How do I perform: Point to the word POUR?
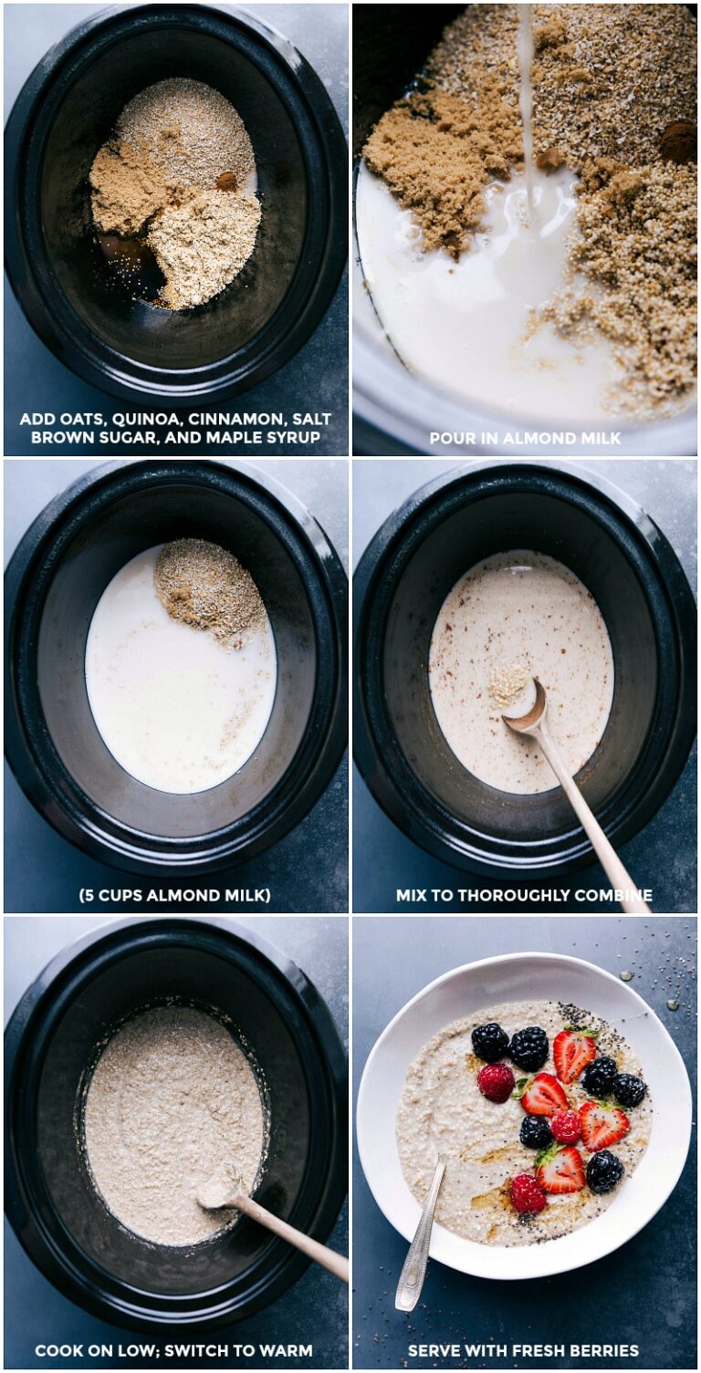451,438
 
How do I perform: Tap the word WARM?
283,1350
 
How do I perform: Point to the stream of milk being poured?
527,100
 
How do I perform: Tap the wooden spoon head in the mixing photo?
527,707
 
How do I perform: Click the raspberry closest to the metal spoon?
527,1193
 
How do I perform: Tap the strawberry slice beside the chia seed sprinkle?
574,1055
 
